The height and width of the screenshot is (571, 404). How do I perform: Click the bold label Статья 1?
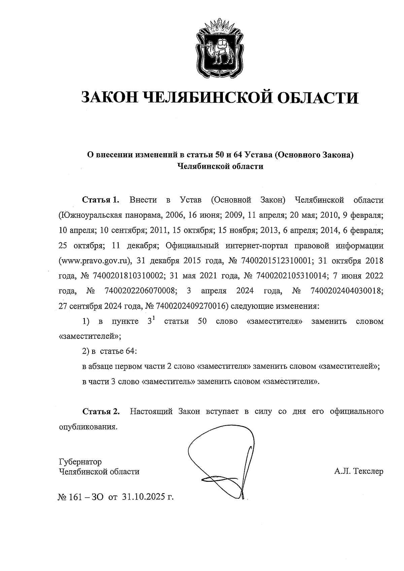pos(101,200)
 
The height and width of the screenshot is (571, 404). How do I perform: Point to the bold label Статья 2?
pos(101,411)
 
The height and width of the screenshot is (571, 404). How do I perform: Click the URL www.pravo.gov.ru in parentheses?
pos(94,261)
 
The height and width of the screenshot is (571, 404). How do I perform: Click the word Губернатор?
pos(80,461)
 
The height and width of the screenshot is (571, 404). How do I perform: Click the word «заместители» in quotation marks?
pos(290,382)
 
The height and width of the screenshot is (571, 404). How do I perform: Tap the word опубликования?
pos(88,427)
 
